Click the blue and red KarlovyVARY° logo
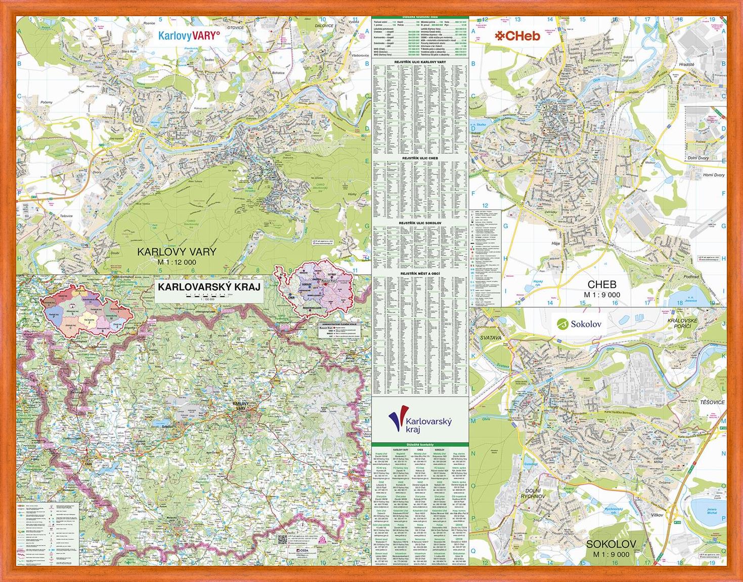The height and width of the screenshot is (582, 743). tap(189, 35)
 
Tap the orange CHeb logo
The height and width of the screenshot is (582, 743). tap(517, 35)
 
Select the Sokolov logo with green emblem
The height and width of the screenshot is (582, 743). tap(579, 324)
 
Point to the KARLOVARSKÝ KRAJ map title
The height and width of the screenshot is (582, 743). tap(209, 286)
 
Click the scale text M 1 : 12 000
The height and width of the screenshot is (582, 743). tap(177, 262)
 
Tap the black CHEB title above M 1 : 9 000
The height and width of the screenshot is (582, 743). tap(602, 284)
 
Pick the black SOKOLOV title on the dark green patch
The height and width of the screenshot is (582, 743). tap(611, 544)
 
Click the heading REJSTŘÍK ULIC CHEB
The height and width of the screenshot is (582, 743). tap(420, 158)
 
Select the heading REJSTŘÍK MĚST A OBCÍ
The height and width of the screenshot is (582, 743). tap(420, 273)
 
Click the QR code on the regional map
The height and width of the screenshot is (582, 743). tap(281, 539)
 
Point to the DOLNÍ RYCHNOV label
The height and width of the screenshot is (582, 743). tap(533, 493)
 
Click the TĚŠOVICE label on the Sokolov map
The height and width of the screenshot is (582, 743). tap(712, 402)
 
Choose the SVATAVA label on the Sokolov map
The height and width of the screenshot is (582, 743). tap(490, 337)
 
